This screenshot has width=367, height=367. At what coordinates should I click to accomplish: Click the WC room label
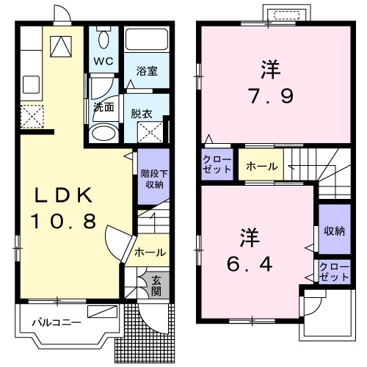coord(103,61)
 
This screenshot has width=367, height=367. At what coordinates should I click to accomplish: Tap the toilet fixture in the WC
coord(103,40)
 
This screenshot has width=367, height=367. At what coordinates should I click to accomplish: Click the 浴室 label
coord(148,72)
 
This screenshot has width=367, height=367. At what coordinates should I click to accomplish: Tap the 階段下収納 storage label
coord(152,178)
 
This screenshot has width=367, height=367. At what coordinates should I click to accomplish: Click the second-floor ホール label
coord(261,167)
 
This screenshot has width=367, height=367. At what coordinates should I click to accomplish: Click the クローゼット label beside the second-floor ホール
coord(217,165)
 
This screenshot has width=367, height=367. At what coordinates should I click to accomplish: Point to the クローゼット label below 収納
coord(335,272)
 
